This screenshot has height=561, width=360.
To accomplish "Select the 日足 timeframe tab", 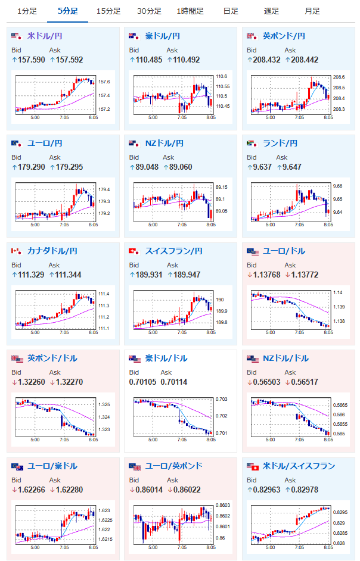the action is [x=231, y=11].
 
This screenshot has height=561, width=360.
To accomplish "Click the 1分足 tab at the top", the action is [x=27, y=11].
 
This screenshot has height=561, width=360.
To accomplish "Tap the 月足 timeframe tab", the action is [x=312, y=11].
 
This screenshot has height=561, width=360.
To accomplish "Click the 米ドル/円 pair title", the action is [x=45, y=36].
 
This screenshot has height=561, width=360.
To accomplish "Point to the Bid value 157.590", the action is [x=32, y=60].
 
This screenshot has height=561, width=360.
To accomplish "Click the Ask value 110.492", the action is [x=187, y=60].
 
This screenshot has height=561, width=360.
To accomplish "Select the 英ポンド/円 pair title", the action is [x=284, y=36].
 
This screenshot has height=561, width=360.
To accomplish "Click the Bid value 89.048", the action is [x=147, y=167].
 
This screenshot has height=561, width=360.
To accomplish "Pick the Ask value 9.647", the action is [x=292, y=167].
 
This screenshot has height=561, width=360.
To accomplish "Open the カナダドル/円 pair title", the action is [x=52, y=251].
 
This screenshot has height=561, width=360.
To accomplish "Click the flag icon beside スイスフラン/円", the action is [x=134, y=251].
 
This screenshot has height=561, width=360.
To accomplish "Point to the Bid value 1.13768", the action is [x=267, y=275].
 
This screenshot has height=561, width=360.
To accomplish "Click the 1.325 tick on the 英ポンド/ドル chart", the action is [x=104, y=404].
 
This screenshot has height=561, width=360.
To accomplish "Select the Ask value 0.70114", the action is [x=174, y=382].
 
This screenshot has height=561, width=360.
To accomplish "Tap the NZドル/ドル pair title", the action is [x=286, y=359].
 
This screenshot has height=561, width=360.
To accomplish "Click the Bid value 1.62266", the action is [x=32, y=490].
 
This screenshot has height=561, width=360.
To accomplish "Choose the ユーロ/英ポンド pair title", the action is [x=173, y=466].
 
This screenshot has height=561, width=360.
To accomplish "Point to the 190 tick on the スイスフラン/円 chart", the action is [x=219, y=300].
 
